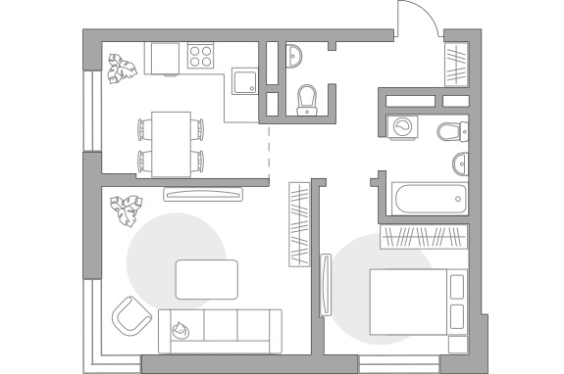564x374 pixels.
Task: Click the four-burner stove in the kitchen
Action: (201, 57)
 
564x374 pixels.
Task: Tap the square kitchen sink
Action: (242, 80)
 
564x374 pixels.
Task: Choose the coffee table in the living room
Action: (206, 279)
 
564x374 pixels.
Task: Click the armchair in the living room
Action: (130, 315)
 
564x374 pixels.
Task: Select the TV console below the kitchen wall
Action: (202, 194)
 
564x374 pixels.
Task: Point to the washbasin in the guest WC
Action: (295, 57)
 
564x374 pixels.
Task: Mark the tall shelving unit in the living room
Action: (298, 224)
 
